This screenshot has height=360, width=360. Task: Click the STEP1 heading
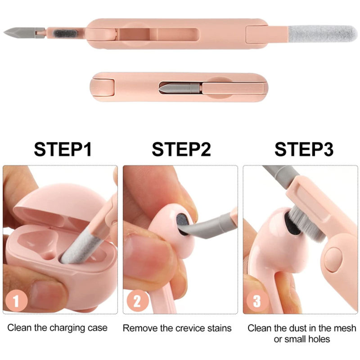[x=63, y=149]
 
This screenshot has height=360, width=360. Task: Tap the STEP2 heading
[x=181, y=149]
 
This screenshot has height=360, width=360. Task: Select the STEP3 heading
[x=304, y=149]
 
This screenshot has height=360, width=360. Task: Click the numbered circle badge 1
[x=16, y=301]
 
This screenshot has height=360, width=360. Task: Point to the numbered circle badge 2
[x=137, y=301]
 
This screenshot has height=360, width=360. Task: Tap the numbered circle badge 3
[x=257, y=301]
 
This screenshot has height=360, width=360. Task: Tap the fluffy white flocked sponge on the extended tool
[x=322, y=34]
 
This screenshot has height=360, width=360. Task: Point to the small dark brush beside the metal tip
[x=65, y=33]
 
